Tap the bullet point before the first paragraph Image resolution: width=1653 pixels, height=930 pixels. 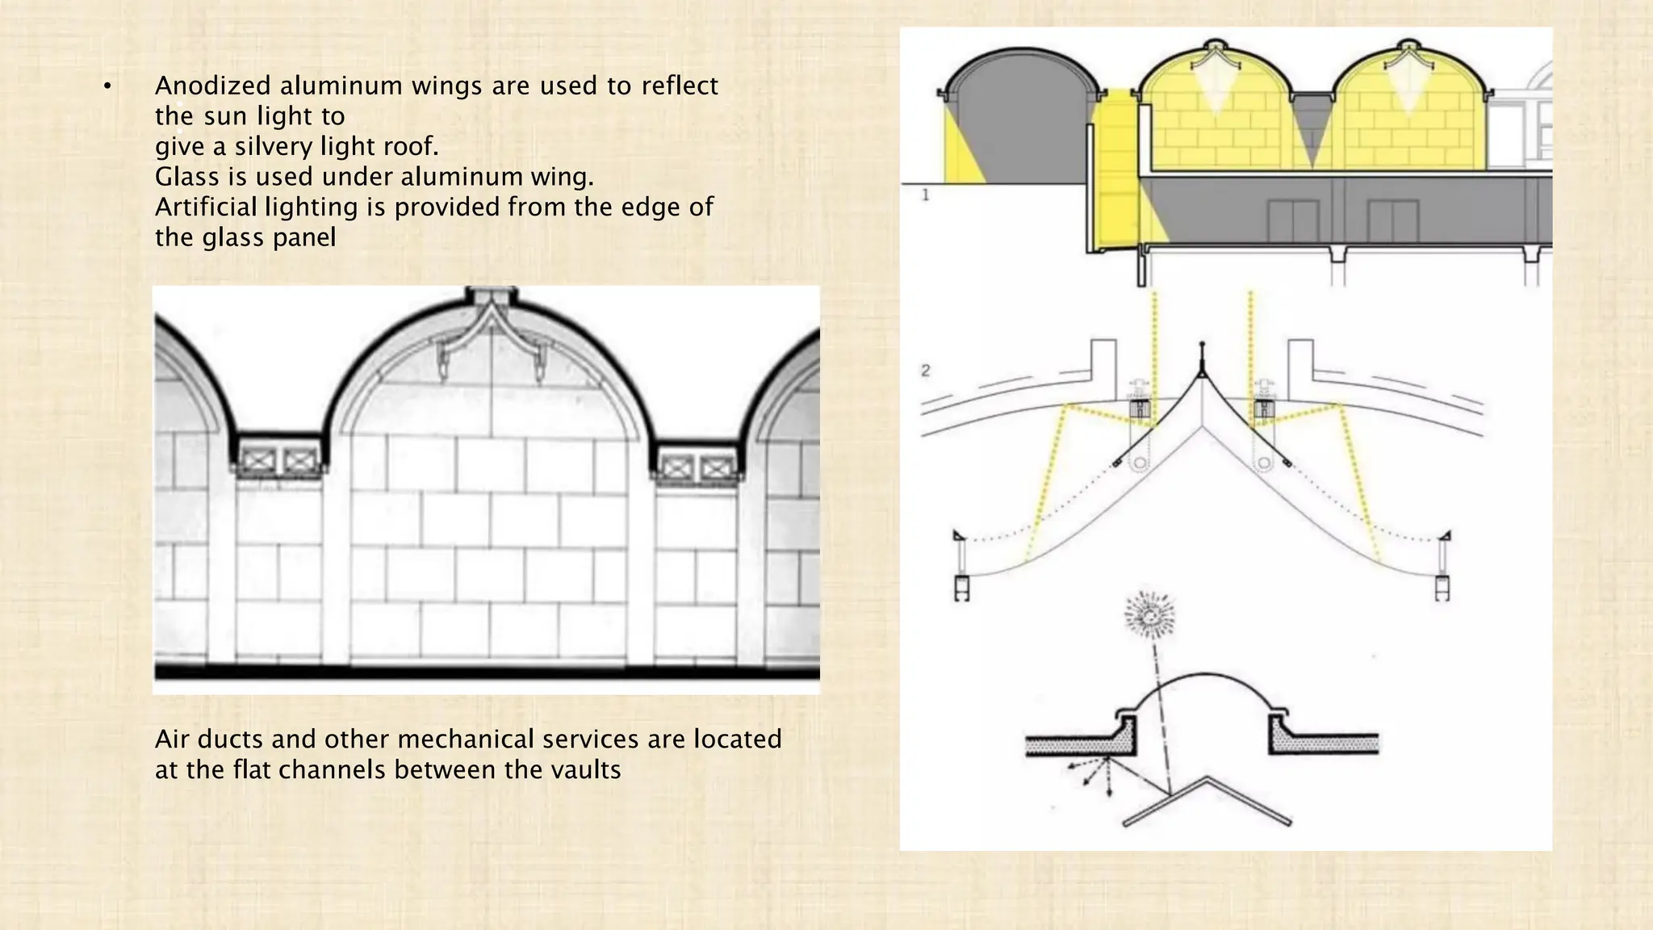pyautogui.click(x=107, y=86)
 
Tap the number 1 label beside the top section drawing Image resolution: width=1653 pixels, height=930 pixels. pyautogui.click(x=926, y=195)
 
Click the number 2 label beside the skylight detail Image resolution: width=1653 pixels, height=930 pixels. pyautogui.click(x=926, y=371)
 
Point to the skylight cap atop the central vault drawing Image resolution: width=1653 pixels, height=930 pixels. pyautogui.click(x=492, y=296)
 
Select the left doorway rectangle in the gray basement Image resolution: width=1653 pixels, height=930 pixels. pyautogui.click(x=1293, y=221)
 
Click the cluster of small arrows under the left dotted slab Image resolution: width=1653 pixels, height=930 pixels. pyautogui.click(x=1090, y=773)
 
